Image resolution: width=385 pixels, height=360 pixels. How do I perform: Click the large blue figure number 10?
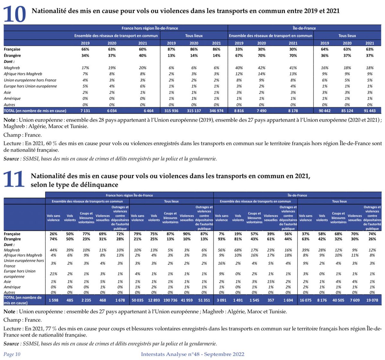pos(15,14)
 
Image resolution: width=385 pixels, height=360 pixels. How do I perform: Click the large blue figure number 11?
pos(14,179)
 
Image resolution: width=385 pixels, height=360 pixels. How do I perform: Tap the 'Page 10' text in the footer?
pos(12,354)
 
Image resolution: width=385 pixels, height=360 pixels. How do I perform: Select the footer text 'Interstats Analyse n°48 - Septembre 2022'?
pos(193,354)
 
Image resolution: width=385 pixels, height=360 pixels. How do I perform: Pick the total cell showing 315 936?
pos(171,111)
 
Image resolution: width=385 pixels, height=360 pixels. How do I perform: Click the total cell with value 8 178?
pos(293,111)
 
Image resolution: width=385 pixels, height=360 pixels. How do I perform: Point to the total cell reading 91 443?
pos(370,111)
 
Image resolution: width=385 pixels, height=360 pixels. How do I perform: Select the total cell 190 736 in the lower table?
pos(170,300)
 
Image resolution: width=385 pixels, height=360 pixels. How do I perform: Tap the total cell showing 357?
pos(271,300)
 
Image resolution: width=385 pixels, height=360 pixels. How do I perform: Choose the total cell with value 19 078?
pos(372,300)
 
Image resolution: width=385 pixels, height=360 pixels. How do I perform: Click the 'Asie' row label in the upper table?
pos(8,92)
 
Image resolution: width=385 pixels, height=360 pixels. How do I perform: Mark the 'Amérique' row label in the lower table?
pos(12,287)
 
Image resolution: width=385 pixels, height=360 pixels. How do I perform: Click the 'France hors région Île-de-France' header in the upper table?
pos(150,28)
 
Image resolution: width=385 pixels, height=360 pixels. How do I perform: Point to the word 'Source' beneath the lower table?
pos(11,344)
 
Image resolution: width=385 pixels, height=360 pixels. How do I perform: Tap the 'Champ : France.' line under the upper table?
pos(22,135)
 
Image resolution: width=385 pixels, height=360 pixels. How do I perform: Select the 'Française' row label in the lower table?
pos(12,234)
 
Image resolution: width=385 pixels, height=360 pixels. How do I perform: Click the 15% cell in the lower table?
pos(271,282)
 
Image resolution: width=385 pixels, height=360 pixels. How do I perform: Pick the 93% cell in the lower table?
pos(221,239)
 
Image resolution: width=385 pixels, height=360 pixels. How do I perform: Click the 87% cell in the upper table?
pos(171,49)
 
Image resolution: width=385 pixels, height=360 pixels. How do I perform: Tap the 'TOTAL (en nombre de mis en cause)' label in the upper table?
pos(35,111)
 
